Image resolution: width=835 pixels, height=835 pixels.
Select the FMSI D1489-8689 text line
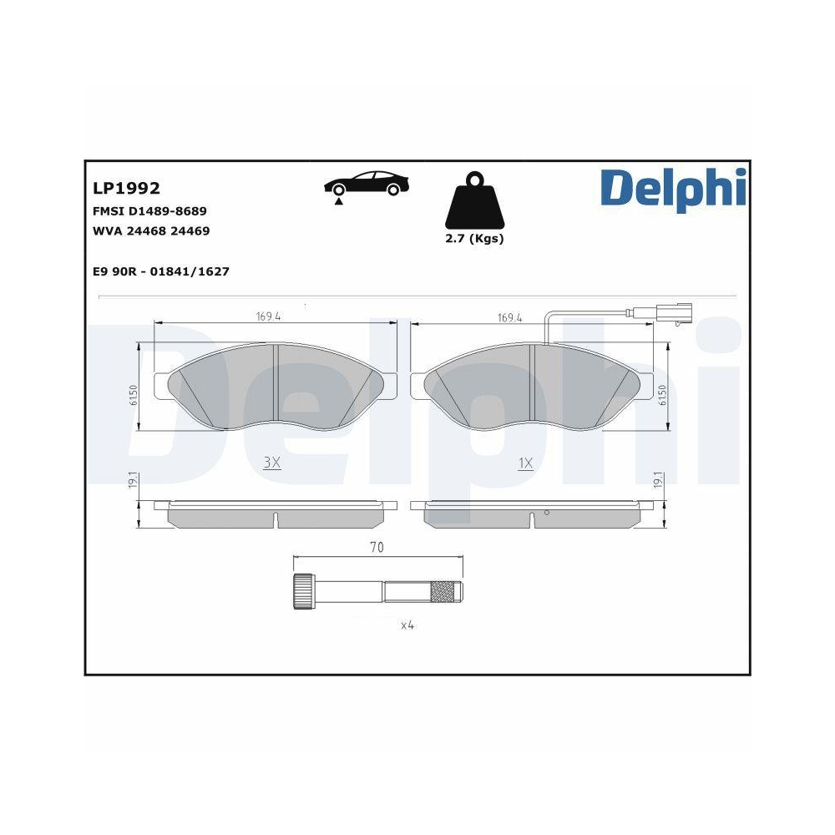[x=149, y=211]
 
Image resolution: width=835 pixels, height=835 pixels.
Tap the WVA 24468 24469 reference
[x=150, y=231]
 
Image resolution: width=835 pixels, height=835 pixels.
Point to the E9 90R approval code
[x=160, y=271]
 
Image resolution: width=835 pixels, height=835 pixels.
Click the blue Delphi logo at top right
[x=672, y=190]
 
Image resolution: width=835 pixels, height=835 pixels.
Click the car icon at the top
[x=367, y=185]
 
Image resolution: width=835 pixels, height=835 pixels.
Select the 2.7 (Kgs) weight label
[x=474, y=239]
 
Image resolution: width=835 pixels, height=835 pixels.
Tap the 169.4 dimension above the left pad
[x=267, y=317]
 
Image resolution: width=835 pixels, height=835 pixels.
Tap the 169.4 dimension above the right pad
[x=509, y=317]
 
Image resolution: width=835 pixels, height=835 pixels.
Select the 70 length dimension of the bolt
[x=377, y=548]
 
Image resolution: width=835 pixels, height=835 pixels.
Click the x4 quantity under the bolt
[x=407, y=625]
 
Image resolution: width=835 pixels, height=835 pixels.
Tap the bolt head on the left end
[x=304, y=593]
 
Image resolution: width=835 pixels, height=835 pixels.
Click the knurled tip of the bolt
[x=444, y=593]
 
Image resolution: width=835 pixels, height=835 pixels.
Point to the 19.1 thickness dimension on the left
[x=132, y=482]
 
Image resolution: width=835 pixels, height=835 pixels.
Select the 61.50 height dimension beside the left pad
[x=133, y=395]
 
